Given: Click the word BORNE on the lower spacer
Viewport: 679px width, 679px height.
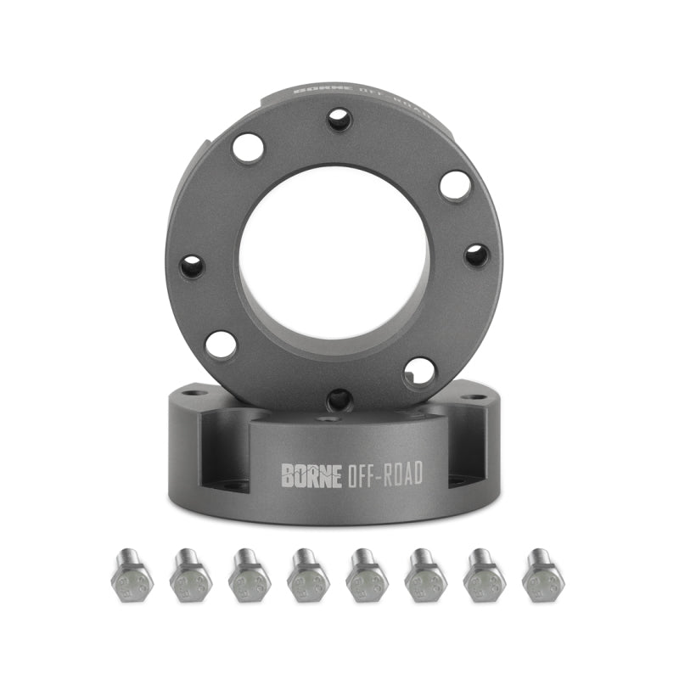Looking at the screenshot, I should coord(311,474).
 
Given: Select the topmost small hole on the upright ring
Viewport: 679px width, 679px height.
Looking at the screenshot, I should coord(339,119).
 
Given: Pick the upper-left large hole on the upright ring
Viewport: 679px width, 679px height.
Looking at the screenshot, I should coord(248,148).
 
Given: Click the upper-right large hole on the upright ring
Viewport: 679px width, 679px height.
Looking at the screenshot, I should coord(456,185).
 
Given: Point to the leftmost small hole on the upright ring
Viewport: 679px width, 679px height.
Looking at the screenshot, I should coord(192,267).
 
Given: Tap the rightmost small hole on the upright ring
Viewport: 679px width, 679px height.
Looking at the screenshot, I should coord(477,255).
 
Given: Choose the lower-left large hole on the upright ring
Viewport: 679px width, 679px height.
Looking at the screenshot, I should coord(221,345).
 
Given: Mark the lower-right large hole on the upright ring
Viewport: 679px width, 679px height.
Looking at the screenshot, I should coord(420,370).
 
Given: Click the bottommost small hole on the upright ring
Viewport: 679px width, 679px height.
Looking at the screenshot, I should coord(339,398).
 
